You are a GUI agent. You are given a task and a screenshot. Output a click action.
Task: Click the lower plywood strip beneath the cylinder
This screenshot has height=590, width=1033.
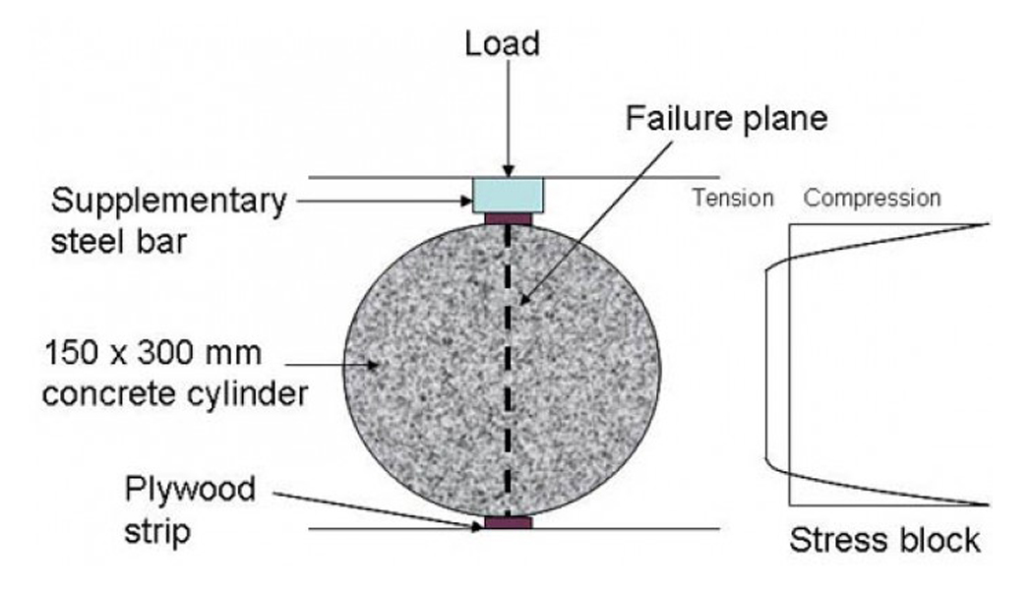509,523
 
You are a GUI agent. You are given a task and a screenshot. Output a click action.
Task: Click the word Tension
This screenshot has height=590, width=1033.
733,198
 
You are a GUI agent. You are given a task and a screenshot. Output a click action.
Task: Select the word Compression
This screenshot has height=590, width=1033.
873,198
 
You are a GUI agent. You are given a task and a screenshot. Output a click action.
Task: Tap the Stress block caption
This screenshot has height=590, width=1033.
885,540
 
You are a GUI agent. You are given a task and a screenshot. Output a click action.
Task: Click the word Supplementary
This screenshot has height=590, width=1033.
168,202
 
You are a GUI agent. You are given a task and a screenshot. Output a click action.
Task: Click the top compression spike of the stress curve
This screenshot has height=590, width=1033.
984,224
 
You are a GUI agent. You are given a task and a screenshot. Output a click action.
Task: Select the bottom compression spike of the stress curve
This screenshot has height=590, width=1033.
984,504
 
